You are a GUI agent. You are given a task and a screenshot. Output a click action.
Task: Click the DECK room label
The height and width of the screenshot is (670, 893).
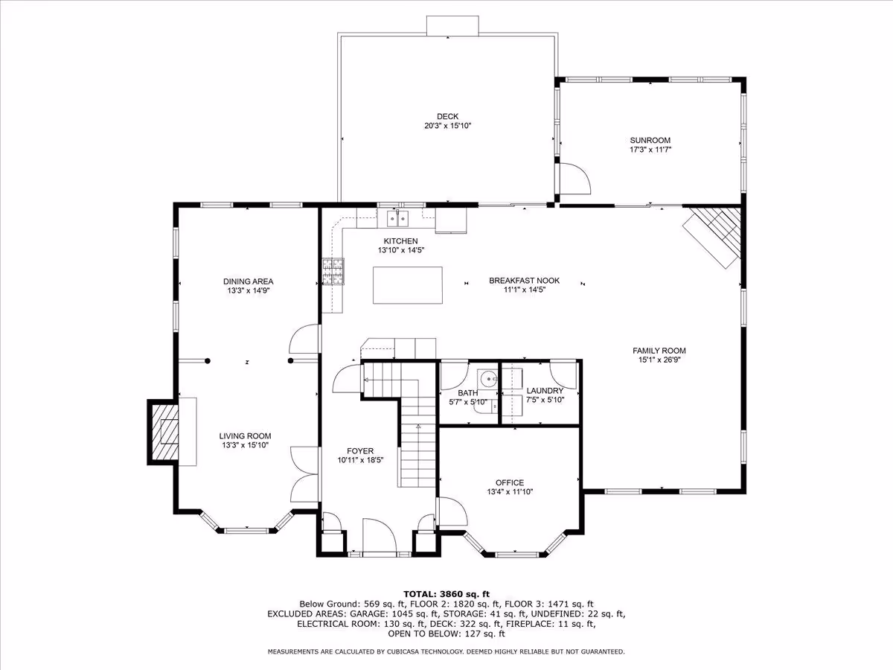447,116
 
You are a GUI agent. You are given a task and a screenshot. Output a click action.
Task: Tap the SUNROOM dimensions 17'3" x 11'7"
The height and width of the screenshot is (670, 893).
650,150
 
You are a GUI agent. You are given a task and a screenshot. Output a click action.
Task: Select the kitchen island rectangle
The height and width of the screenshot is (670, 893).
408,285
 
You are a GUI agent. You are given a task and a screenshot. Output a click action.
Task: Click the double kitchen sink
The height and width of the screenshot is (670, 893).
397,219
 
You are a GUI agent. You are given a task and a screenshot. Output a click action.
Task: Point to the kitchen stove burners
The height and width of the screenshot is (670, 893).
333,271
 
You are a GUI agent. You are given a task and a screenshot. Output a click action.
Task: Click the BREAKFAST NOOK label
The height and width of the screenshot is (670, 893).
524,281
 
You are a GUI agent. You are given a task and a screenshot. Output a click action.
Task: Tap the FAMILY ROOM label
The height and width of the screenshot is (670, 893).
659,350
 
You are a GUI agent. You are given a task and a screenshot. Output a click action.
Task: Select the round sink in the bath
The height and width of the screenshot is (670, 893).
487,379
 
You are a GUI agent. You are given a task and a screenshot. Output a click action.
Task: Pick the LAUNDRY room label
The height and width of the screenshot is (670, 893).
545,391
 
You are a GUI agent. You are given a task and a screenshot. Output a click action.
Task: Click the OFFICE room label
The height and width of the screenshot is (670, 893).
510,482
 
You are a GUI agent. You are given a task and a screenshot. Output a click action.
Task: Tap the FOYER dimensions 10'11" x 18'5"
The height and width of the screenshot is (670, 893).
360,460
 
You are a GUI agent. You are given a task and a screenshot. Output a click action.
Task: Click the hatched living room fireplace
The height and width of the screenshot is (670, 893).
164,432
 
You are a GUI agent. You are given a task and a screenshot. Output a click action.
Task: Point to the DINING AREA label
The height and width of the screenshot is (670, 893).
248,281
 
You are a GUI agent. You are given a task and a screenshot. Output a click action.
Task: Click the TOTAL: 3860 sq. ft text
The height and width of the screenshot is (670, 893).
446,594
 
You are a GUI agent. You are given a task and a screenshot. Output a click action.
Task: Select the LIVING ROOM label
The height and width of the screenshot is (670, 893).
245,435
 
